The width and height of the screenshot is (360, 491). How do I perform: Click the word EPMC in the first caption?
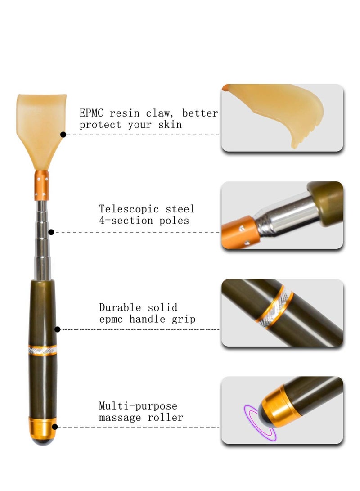click(91, 113)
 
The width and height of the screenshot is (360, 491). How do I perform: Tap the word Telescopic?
click(129, 208)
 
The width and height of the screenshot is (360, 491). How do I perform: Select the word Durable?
click(120, 307)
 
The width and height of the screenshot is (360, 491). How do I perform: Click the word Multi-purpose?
click(138, 406)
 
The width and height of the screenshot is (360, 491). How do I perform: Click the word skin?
click(170, 124)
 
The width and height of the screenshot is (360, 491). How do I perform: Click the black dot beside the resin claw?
click(63, 135)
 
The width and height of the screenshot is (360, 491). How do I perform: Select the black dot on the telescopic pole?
click(51, 232)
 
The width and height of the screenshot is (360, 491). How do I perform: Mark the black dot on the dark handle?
click(57, 329)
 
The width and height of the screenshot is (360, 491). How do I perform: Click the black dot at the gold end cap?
click(55, 427)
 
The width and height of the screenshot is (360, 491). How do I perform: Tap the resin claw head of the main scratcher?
click(41, 128)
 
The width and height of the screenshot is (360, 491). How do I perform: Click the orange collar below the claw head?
click(42, 185)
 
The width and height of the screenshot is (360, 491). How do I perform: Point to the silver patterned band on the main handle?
click(43, 351)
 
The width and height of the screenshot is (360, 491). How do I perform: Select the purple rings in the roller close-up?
click(260, 423)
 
